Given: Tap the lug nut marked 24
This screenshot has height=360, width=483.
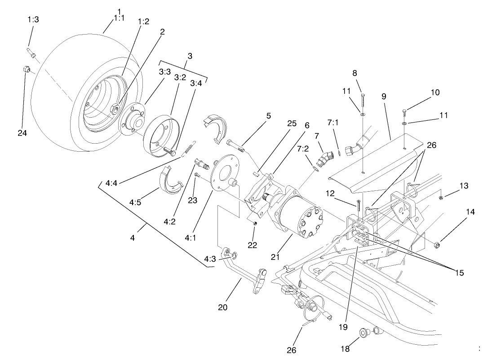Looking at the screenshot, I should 27,70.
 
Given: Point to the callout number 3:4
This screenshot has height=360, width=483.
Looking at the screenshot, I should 196,83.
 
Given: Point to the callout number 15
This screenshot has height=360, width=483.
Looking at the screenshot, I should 458,273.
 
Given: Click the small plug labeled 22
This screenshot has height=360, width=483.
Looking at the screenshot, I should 254,223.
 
